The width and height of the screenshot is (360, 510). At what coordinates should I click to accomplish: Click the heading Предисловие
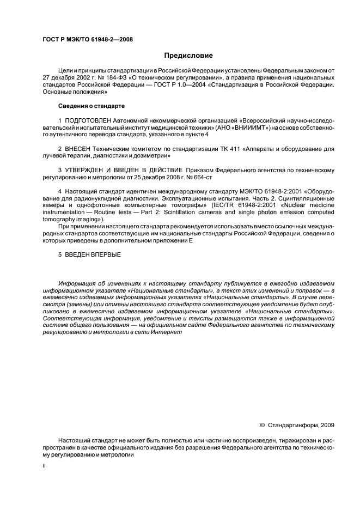(189, 56)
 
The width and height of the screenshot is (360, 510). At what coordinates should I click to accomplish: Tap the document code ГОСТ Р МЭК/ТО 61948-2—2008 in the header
(88, 39)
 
